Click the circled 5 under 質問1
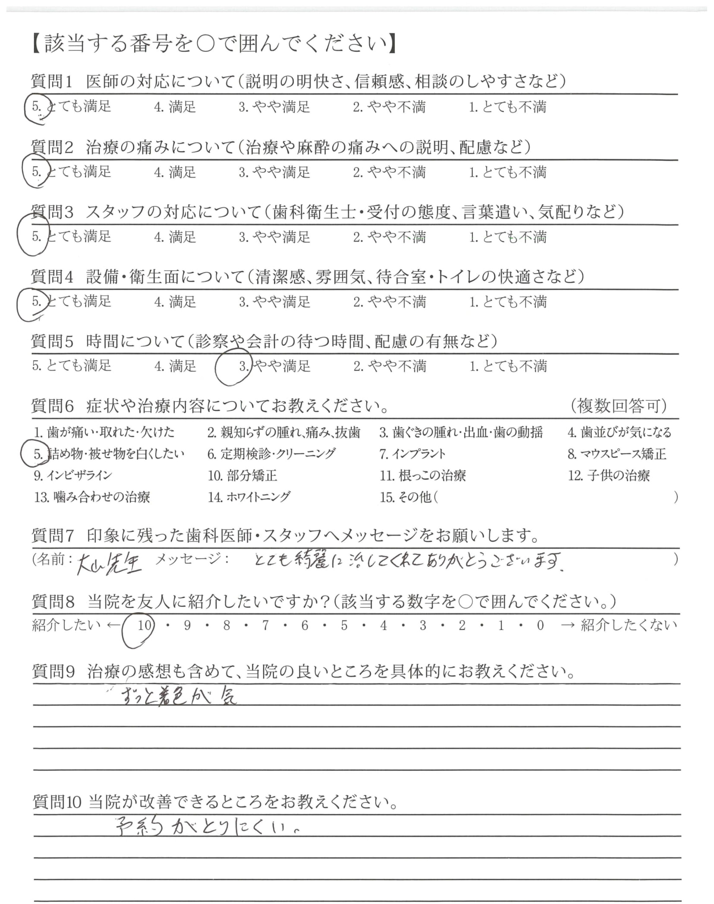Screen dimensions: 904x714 [36, 107]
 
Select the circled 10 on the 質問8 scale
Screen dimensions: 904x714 [144, 625]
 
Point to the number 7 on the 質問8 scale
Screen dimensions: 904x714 [266, 625]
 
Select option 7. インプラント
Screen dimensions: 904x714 [412, 454]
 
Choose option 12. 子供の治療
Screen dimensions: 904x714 [609, 475]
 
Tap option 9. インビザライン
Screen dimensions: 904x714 [73, 475]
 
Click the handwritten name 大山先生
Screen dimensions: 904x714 [109, 564]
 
